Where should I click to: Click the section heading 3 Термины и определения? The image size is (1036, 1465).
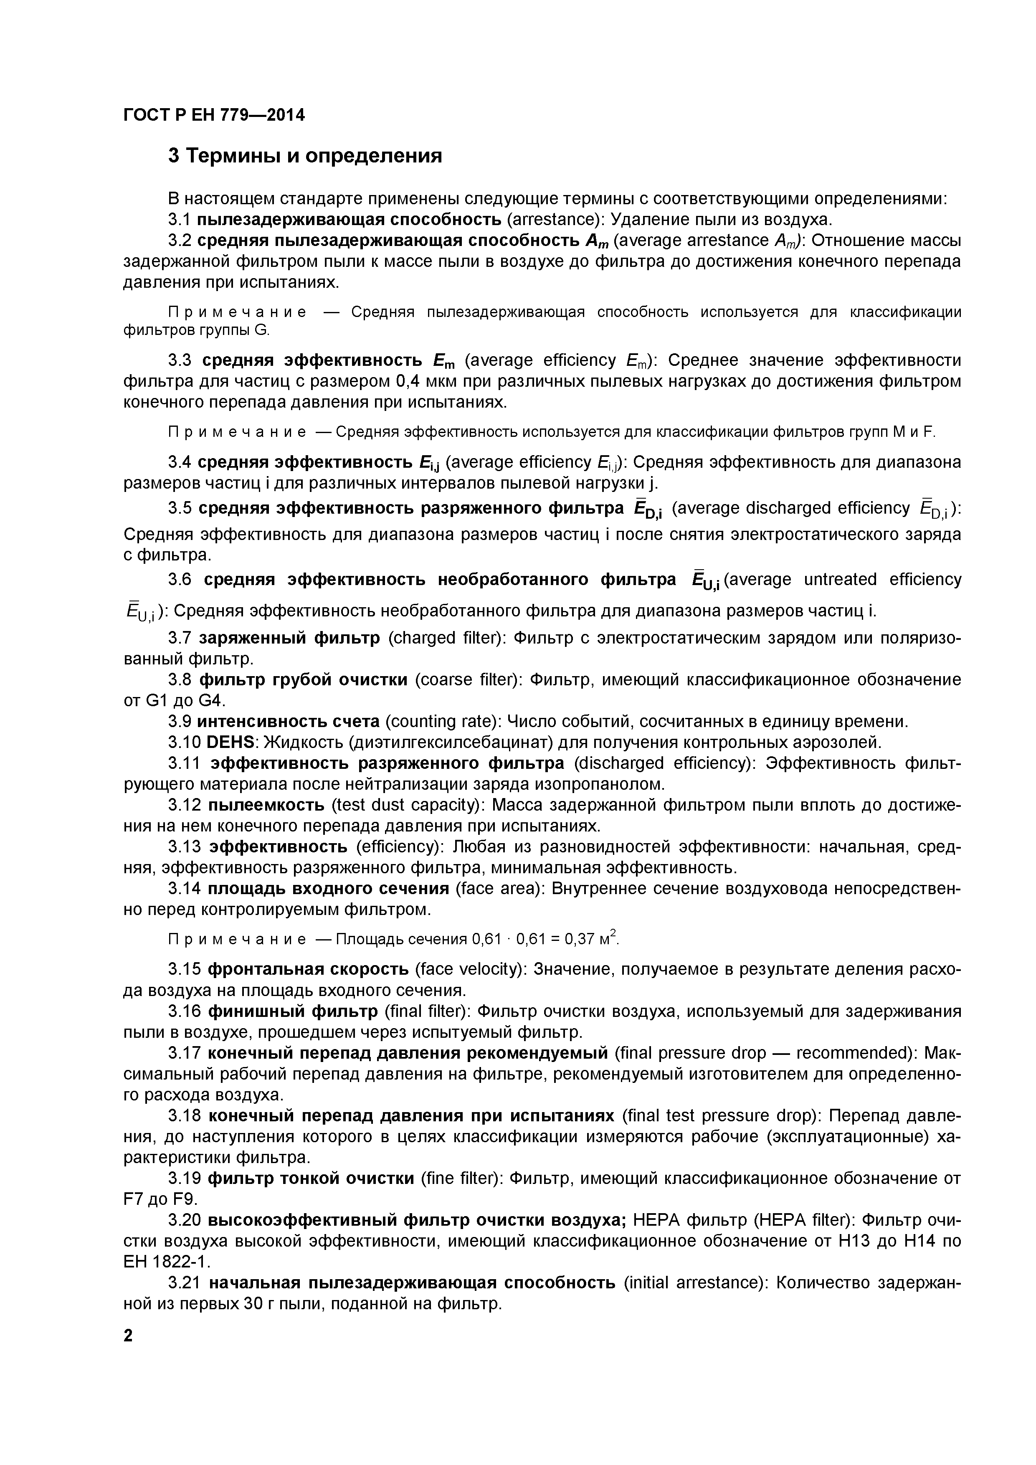pos(305,156)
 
